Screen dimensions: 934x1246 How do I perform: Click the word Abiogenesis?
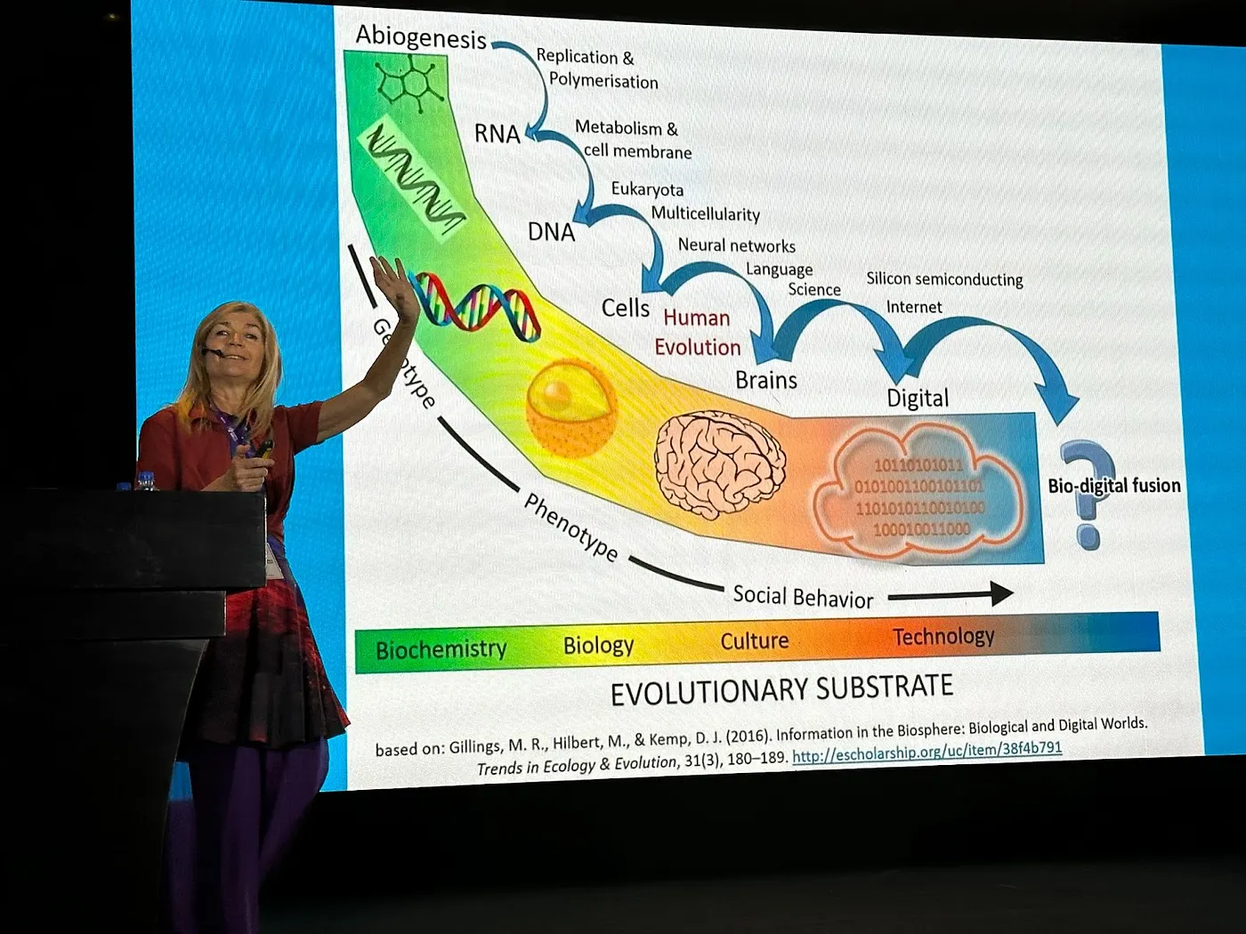[421, 36]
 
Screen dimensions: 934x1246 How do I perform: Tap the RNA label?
[497, 134]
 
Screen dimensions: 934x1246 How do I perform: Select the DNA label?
[551, 232]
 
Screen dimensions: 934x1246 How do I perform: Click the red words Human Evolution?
[697, 333]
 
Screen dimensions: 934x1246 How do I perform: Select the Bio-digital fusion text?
[1113, 486]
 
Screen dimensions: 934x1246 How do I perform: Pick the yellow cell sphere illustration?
[570, 407]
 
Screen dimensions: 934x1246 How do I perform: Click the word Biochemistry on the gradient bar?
[441, 650]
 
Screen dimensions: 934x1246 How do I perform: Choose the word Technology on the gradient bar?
[943, 637]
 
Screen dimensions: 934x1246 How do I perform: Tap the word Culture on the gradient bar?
[755, 641]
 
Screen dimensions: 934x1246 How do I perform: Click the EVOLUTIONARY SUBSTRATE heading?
[781, 689]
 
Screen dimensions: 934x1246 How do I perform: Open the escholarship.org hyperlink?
[926, 753]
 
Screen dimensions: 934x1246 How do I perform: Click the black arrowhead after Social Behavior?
[1001, 593]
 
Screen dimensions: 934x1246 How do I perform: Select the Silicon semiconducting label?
[944, 279]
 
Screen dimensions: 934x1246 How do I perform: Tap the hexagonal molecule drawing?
[408, 82]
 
